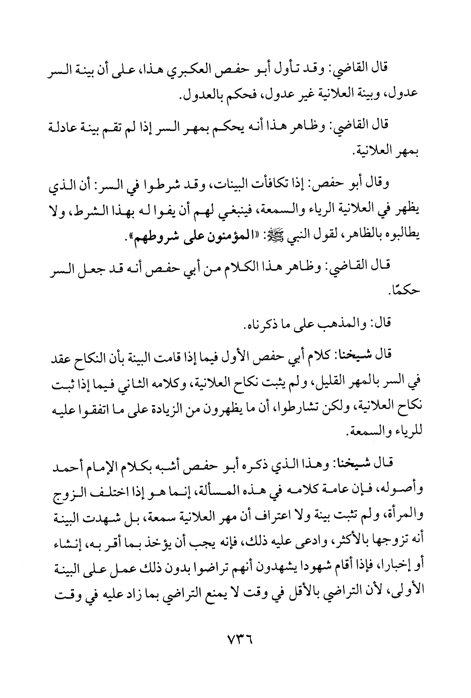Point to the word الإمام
pyautogui.click(x=114, y=470)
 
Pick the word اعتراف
pyautogui.click(x=251, y=513)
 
